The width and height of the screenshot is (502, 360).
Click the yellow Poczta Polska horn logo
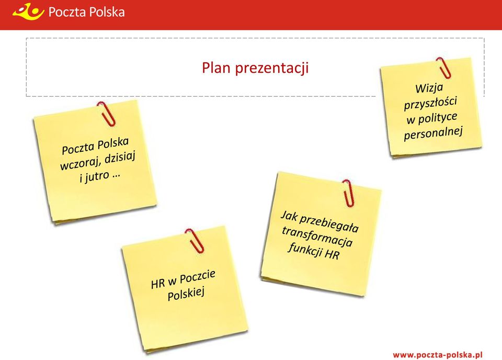[x=28, y=11]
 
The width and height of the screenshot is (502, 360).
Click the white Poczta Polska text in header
[x=86, y=12]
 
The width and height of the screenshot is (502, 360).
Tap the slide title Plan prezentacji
[x=255, y=68]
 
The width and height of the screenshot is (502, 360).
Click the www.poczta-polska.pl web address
[x=437, y=355]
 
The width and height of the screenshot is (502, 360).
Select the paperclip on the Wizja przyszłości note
[x=444, y=67]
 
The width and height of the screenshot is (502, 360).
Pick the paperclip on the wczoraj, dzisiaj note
[x=106, y=114]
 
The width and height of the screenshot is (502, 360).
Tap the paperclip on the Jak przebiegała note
[x=348, y=193]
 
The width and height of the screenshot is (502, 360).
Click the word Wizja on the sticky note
[x=429, y=88]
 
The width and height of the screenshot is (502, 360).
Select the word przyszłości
[x=430, y=103]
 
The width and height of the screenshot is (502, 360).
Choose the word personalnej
[x=433, y=133]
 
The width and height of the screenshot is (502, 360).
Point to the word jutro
[x=97, y=177]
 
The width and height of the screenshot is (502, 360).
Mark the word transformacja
[x=317, y=237]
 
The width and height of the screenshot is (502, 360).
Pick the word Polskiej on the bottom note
[x=186, y=294]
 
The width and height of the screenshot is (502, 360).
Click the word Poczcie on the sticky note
[x=198, y=277]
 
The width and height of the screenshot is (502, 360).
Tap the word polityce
[x=438, y=118]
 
